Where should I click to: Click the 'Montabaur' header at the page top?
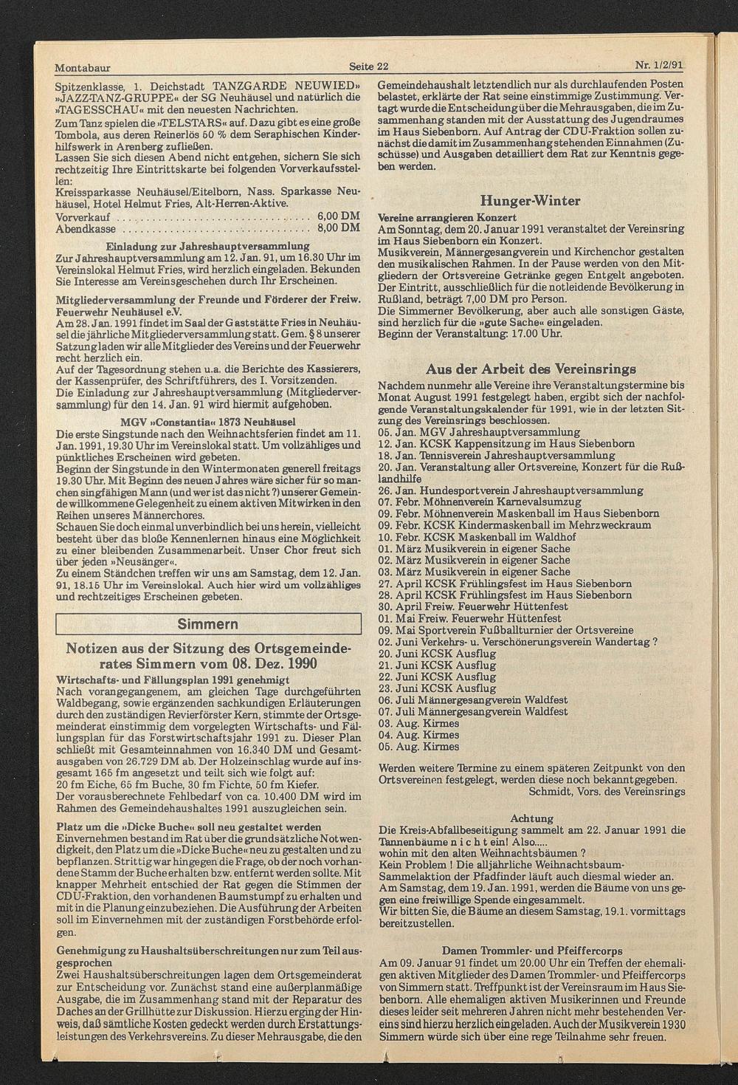click(x=83, y=67)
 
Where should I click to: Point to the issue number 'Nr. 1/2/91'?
click(x=659, y=64)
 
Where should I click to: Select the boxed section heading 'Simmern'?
click(x=208, y=624)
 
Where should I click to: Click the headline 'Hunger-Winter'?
click(x=530, y=201)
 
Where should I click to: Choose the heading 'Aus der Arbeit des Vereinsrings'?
click(x=531, y=369)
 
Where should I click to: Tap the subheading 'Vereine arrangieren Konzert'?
click(x=447, y=217)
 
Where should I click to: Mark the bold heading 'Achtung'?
click(x=532, y=818)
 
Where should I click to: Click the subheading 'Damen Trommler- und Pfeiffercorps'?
click(x=532, y=951)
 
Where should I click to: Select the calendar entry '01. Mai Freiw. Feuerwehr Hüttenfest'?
click(x=473, y=618)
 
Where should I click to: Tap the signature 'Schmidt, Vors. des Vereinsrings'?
click(x=607, y=791)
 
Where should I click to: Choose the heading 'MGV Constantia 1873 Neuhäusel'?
click(x=208, y=420)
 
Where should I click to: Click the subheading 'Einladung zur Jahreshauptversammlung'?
click(x=208, y=245)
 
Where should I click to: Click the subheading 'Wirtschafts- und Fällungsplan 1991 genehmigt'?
click(x=168, y=679)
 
